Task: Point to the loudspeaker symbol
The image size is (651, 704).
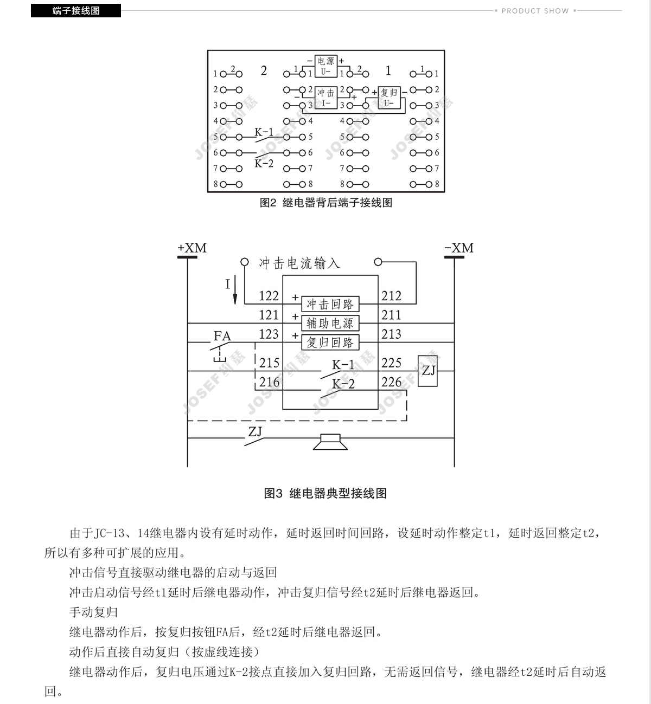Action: click(330, 442)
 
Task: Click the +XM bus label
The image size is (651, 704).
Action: click(192, 248)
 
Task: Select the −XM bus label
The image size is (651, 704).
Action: click(459, 248)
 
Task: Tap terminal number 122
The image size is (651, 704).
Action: click(269, 296)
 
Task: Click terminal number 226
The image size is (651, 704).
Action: click(391, 382)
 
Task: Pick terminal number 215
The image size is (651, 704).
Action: click(269, 363)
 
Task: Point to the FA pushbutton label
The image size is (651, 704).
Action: click(222, 335)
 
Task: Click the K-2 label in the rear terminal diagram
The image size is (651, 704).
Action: click(264, 163)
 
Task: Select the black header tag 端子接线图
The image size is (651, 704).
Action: click(76, 11)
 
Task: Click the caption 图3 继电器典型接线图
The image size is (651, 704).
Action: click(325, 493)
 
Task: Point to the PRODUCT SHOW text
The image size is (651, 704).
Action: click(535, 11)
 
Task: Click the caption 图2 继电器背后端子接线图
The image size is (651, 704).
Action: click(326, 203)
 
